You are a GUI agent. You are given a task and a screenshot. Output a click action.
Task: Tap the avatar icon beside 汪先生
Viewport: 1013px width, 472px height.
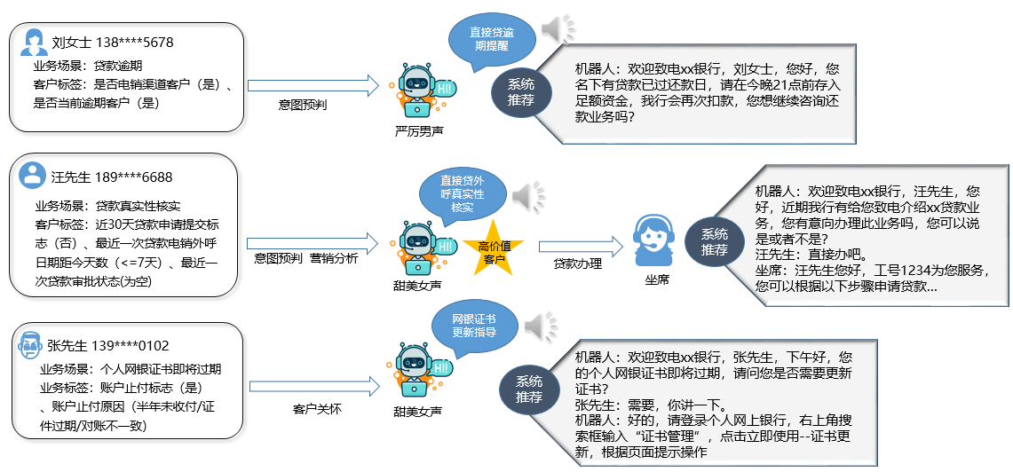(x=33, y=175)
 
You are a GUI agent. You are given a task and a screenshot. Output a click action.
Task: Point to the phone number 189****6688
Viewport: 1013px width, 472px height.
(x=133, y=177)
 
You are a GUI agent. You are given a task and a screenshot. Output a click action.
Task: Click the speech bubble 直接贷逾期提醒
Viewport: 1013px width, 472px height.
(x=491, y=39)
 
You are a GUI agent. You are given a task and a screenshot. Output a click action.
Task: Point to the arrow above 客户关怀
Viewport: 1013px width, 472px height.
(x=314, y=388)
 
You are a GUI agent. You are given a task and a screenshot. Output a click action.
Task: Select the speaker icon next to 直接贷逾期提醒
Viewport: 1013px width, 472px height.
(x=558, y=29)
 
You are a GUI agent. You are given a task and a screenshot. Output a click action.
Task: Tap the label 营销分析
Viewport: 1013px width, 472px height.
(x=334, y=259)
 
